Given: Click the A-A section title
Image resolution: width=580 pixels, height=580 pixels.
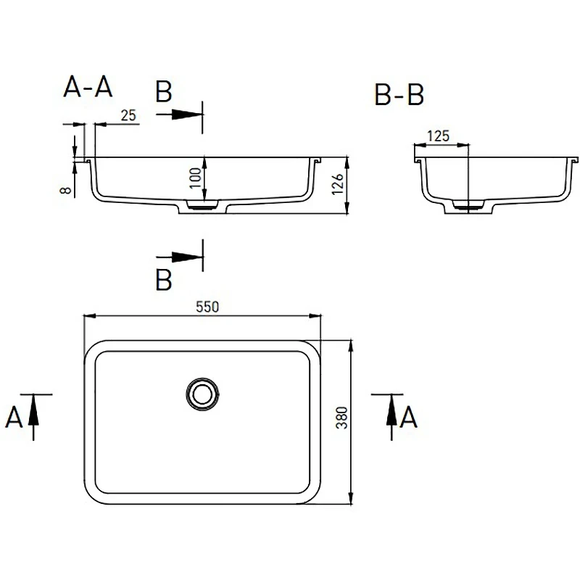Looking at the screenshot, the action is coord(88,86).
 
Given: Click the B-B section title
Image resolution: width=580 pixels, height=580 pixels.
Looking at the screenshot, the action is coord(399,94).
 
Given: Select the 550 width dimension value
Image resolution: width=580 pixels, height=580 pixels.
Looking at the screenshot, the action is coord(207,307).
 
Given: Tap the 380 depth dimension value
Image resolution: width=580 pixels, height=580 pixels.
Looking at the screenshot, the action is coord(341,418).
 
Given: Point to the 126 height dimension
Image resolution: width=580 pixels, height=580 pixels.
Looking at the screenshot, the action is coord(338,184).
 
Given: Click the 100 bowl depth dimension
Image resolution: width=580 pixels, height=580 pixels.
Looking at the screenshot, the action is coord(196,178).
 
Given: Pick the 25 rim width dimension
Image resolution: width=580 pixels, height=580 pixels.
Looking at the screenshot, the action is coord(128,115).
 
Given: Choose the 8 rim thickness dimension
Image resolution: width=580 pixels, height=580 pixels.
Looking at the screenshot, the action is coord(65,190).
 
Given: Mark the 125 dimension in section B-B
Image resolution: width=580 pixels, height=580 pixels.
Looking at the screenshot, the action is coord(439,136).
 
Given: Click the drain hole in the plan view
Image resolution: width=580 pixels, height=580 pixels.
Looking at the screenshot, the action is coord(202,394).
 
